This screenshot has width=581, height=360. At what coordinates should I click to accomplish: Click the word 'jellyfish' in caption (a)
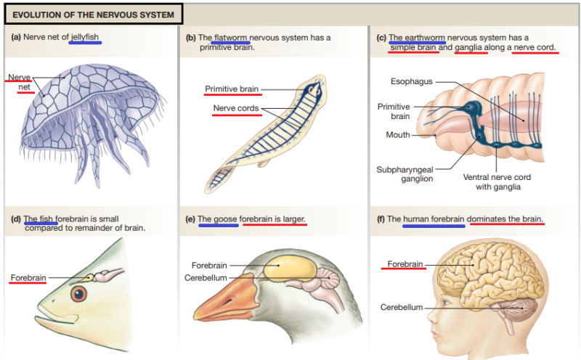(85, 38)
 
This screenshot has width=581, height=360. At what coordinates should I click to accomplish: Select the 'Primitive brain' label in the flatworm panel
(232, 89)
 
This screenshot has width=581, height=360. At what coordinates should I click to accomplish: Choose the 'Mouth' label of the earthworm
(397, 134)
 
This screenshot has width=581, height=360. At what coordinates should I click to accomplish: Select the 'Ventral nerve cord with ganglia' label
(497, 181)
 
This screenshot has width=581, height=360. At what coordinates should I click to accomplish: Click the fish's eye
(79, 294)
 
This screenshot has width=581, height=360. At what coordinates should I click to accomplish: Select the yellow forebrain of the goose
(290, 269)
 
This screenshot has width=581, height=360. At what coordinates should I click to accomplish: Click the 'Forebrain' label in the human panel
(405, 264)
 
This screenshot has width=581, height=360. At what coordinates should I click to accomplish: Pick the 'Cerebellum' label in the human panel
(401, 307)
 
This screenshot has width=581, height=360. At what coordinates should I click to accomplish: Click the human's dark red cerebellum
(522, 310)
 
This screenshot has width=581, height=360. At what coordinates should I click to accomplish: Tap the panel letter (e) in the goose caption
(190, 218)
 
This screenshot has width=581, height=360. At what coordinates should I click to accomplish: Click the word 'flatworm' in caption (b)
(231, 38)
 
